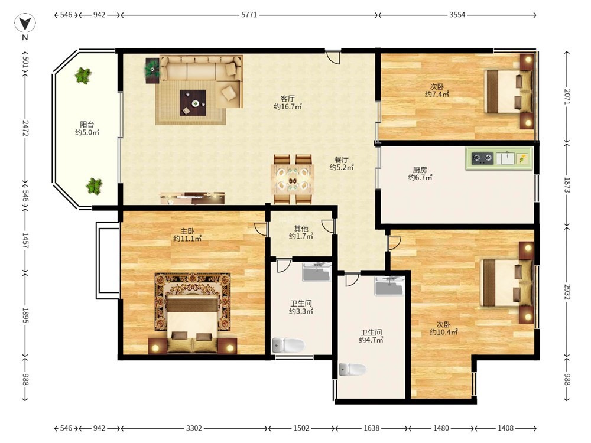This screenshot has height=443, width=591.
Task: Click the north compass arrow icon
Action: pyautogui.click(x=25, y=24)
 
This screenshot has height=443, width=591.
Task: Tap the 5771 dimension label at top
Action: pyautogui.click(x=249, y=15)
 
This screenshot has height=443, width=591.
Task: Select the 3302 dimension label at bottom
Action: pyautogui.click(x=194, y=428)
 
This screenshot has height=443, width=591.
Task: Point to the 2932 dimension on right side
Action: pyautogui.click(x=567, y=291)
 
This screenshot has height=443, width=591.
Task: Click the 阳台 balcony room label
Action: pyautogui.click(x=87, y=124)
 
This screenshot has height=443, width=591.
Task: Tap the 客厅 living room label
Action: pyautogui.click(x=288, y=99)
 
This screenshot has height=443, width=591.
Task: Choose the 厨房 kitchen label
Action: pyautogui.click(x=420, y=170)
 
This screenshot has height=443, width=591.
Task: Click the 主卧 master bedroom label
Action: pyautogui.click(x=187, y=231)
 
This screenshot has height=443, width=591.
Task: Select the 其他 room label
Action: pyautogui.click(x=301, y=229)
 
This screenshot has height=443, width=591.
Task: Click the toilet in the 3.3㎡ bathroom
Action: pyautogui.click(x=288, y=345)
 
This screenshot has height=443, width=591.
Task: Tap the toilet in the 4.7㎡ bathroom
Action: pyautogui.click(x=352, y=370)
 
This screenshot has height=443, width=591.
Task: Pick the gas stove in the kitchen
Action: pyautogui.click(x=482, y=158)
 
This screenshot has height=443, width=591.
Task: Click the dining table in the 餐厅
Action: pyautogui.click(x=293, y=179)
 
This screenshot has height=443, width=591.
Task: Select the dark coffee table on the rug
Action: pyautogui.click(x=193, y=102)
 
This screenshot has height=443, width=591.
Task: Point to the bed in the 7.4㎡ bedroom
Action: pyautogui.click(x=508, y=92)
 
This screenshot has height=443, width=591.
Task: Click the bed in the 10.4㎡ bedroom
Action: pyautogui.click(x=507, y=282)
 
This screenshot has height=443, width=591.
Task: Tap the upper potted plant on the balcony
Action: pyautogui.click(x=83, y=76)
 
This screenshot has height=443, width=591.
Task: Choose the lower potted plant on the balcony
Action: pyautogui.click(x=94, y=185)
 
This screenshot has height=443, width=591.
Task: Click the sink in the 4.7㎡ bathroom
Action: pyautogui.click(x=389, y=286)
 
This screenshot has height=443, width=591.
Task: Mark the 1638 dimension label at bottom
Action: pyautogui.click(x=371, y=428)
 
